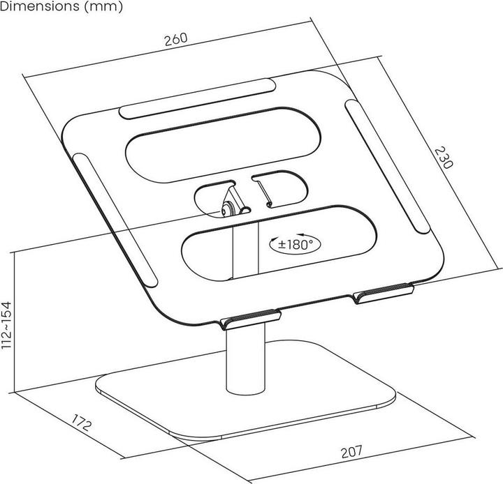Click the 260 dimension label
coord(176,39)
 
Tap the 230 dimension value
coord(444,158)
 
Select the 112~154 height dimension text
coord(7,325)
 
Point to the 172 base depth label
coord(81,423)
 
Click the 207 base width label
coord(351,452)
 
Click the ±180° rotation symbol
coord(295,244)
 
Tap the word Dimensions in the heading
coord(40,6)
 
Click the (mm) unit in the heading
coord(103,7)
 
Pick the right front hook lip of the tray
coord(383,293)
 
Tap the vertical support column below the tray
coord(245,360)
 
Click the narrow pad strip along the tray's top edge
coord(197,98)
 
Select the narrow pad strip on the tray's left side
coord(115,220)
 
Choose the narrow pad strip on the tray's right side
coord(388,166)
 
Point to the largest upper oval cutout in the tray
coord(223,145)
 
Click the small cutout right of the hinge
coord(279,189)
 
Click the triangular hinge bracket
coord(233,200)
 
